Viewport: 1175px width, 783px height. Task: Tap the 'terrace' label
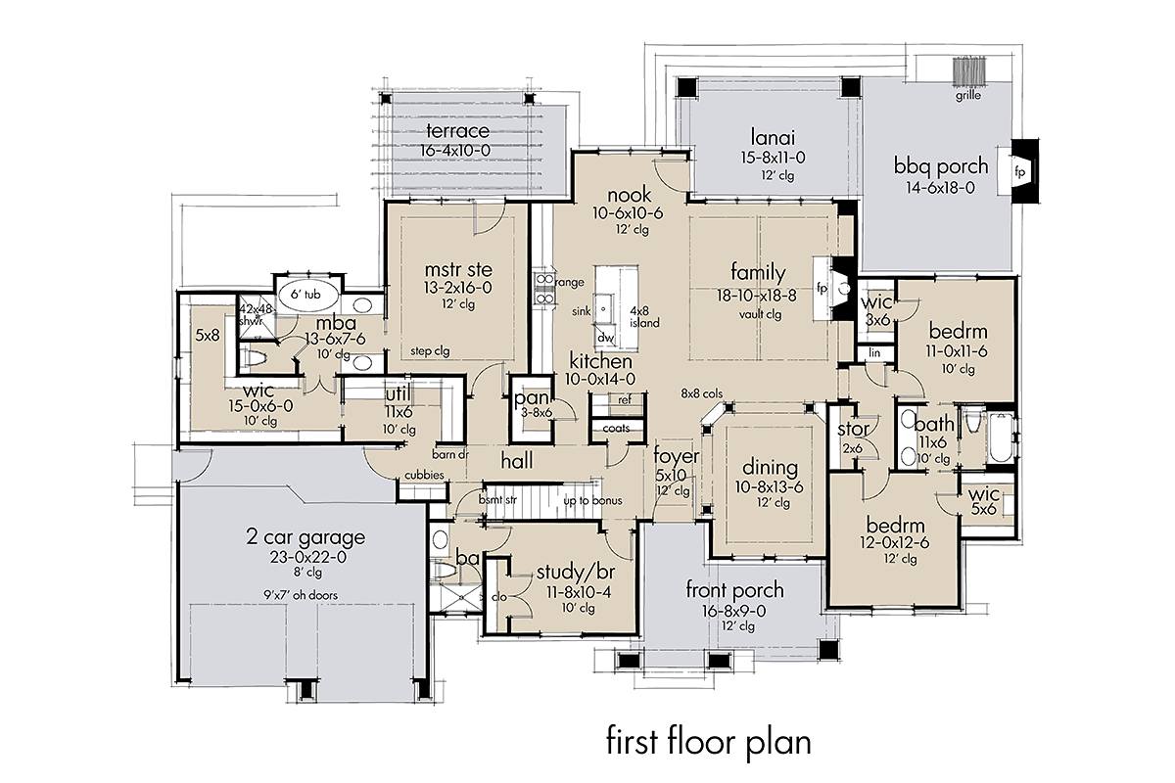[x=458, y=132]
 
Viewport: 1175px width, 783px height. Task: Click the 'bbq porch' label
[x=941, y=166]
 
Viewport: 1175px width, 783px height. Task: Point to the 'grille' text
[x=969, y=96]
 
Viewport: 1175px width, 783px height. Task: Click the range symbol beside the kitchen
[x=541, y=283]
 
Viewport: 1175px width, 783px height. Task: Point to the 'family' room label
[x=760, y=270]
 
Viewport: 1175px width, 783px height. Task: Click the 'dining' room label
[x=769, y=468]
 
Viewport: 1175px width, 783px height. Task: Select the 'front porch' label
[x=734, y=589]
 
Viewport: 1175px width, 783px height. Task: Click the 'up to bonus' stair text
[x=592, y=501]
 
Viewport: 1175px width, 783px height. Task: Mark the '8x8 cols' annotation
[x=702, y=393]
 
